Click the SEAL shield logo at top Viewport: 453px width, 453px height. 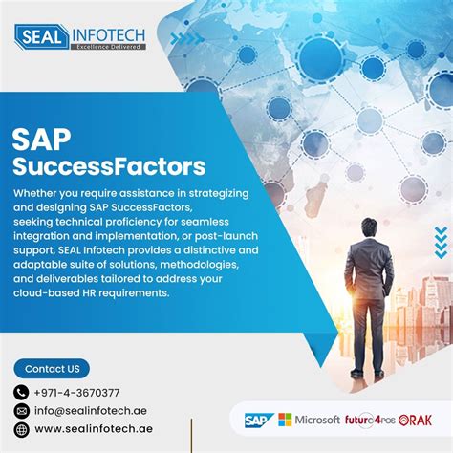pos(42,36)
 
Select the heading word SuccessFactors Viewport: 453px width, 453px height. pos(108,167)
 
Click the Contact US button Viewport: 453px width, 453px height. pos(52,368)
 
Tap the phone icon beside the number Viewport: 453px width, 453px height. pos(22,392)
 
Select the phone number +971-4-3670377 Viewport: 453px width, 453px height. pos(77,392)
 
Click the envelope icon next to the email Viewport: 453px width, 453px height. pos(22,411)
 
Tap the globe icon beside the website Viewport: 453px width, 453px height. pos(22,429)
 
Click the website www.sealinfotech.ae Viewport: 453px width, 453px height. pos(93,429)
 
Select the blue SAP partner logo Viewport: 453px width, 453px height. pos(258,420)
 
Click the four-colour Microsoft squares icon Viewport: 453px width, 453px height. pos(285,420)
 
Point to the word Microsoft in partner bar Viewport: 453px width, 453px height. pos(318,420)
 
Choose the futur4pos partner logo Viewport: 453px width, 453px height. pos(370,420)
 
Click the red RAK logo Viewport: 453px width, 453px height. pos(418,420)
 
